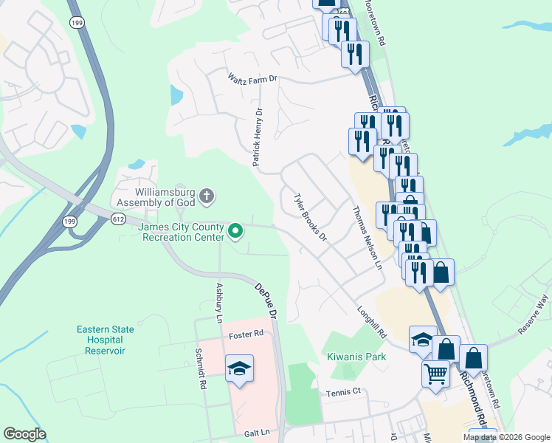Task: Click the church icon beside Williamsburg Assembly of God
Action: tap(207, 196)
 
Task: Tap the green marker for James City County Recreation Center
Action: tap(236, 232)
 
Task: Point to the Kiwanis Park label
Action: tap(356, 356)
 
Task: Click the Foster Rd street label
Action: tap(246, 334)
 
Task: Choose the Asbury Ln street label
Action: tap(218, 303)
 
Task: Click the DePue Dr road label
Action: tap(266, 301)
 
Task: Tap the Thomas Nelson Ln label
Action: tap(368, 236)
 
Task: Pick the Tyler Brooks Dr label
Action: tap(310, 218)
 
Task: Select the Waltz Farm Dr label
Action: tap(252, 78)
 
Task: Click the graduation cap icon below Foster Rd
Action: tap(239, 368)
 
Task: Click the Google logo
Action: tap(24, 434)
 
